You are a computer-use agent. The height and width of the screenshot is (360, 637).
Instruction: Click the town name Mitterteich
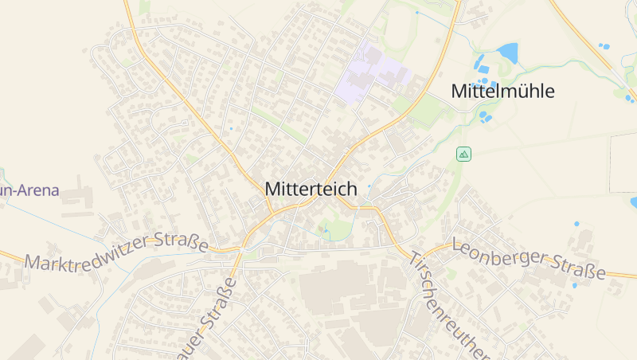[311, 190]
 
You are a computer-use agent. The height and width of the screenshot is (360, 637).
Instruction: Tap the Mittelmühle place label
[502, 91]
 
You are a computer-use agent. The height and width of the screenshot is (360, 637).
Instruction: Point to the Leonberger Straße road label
[529, 259]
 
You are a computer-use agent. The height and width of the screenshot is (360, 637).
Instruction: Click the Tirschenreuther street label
[447, 307]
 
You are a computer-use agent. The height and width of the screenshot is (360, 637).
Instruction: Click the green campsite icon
[463, 154]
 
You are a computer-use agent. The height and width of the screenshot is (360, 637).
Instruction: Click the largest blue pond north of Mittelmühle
[507, 53]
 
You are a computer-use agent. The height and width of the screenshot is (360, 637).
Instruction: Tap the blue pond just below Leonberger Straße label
[574, 285]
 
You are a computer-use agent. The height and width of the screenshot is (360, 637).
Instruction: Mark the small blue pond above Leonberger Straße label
[576, 224]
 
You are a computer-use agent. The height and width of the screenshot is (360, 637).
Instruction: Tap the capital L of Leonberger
[457, 245]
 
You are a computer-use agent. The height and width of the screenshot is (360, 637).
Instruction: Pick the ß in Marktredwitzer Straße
[194, 241]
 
